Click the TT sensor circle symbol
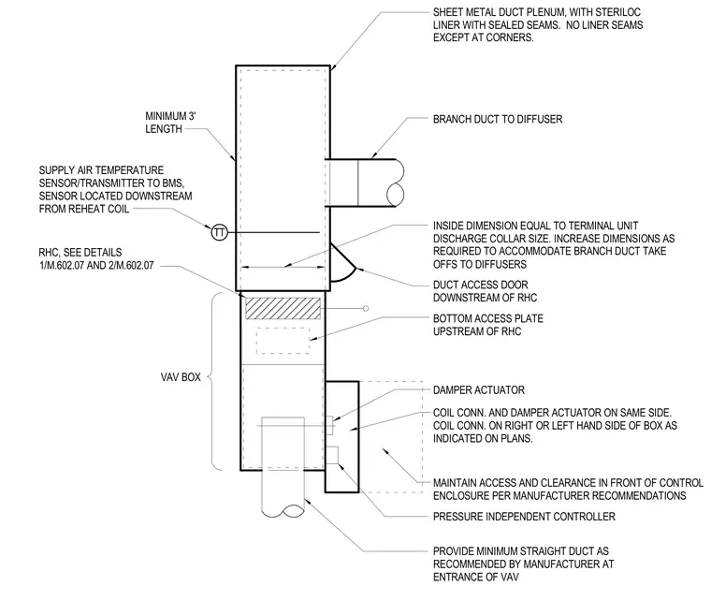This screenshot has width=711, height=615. (x=220, y=233)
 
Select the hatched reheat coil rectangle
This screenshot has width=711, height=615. (x=283, y=308)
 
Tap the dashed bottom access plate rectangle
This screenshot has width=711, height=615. (x=283, y=341)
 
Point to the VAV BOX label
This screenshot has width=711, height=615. (x=181, y=377)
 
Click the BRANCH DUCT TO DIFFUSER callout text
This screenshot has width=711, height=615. (x=498, y=120)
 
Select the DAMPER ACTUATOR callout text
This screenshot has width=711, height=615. (x=478, y=390)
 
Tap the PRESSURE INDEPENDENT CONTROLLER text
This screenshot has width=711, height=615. (x=524, y=517)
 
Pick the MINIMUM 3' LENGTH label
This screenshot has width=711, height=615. (x=170, y=123)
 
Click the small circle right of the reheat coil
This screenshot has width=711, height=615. (x=366, y=309)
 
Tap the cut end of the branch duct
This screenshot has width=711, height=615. (x=396, y=183)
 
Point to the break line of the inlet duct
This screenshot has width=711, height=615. (x=283, y=511)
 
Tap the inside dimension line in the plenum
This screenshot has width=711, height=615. (x=283, y=268)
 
